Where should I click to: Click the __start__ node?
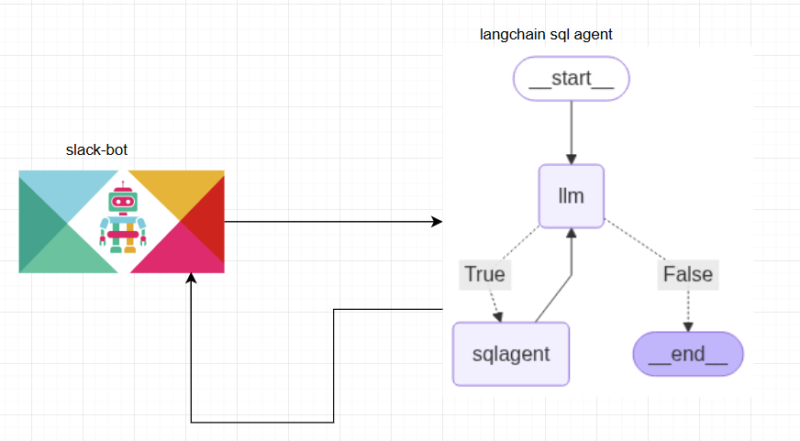tap(572, 79)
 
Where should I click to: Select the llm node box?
tap(571, 196)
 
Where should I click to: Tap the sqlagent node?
tap(511, 353)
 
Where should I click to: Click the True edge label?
tap(484, 273)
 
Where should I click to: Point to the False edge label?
tap(687, 273)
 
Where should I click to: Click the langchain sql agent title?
tap(546, 35)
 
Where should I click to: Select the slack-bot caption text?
tap(103, 150)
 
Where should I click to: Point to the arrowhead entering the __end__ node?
tap(688, 325)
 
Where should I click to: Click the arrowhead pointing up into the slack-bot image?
tap(191, 280)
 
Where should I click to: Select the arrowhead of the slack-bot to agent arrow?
tap(437, 222)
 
